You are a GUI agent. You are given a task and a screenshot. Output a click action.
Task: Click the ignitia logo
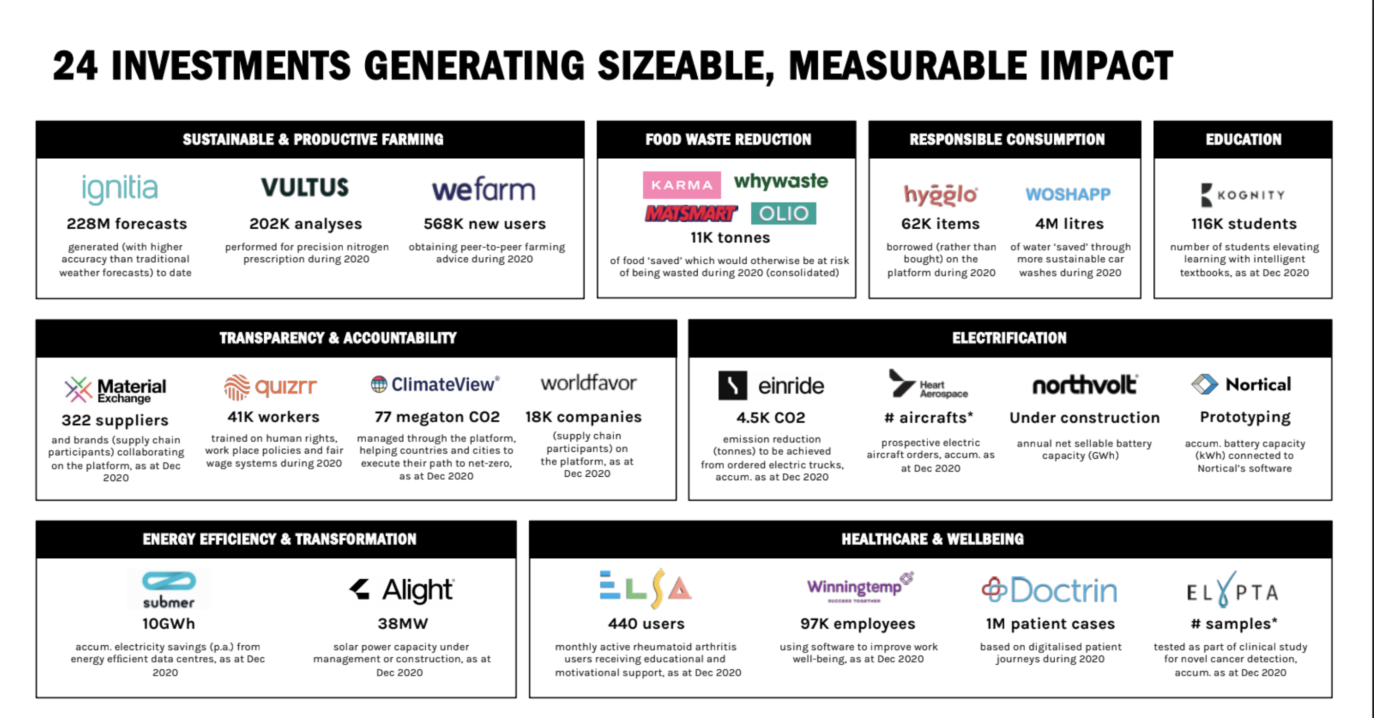(120, 190)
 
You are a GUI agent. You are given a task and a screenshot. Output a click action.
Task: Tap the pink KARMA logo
(682, 185)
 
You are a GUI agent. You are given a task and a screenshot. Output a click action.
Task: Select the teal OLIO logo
(784, 213)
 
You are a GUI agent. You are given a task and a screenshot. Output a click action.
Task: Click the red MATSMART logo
(691, 213)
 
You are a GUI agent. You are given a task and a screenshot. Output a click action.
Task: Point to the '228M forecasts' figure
(127, 224)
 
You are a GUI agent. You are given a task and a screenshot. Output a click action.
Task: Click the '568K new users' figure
(485, 224)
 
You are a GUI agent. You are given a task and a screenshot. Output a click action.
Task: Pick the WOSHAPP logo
(1068, 194)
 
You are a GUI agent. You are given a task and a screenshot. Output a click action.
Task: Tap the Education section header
(1243, 140)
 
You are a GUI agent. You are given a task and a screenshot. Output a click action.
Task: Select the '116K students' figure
(1244, 224)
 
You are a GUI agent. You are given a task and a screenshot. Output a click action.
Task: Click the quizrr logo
(271, 387)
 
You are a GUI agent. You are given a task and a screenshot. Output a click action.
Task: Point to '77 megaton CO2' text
(437, 417)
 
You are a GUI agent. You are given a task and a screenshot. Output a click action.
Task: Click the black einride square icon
(732, 385)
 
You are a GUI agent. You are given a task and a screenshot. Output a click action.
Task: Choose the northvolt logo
(1085, 384)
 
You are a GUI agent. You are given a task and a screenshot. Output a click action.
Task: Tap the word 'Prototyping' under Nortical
(1246, 417)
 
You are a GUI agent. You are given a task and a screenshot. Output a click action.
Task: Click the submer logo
(169, 590)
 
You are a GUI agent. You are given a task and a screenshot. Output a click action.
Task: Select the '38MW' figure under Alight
(403, 624)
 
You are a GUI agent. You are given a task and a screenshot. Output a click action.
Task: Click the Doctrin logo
(1049, 590)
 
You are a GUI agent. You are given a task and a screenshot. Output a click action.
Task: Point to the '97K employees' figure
(858, 624)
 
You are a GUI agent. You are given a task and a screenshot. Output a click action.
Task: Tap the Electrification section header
(1010, 338)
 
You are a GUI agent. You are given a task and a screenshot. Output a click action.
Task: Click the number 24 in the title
(75, 65)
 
